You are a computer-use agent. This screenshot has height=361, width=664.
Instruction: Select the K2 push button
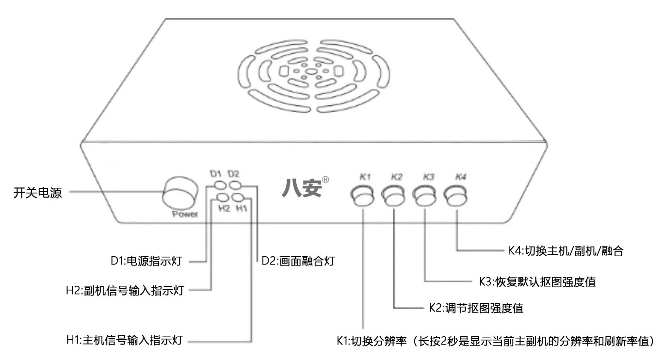[x=394, y=196]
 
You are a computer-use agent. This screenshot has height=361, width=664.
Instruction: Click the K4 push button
[x=457, y=196]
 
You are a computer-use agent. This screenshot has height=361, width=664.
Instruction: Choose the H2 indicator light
[x=222, y=197]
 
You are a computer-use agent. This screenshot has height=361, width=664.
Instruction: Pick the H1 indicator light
[x=238, y=197]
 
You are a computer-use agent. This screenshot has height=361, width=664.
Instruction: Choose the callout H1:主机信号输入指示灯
[x=124, y=340]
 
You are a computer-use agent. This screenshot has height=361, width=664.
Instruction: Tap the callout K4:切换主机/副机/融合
[x=563, y=251]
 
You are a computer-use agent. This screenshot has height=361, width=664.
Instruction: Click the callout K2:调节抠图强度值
[x=476, y=308]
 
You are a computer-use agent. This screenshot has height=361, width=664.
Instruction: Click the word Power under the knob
[x=185, y=214]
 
